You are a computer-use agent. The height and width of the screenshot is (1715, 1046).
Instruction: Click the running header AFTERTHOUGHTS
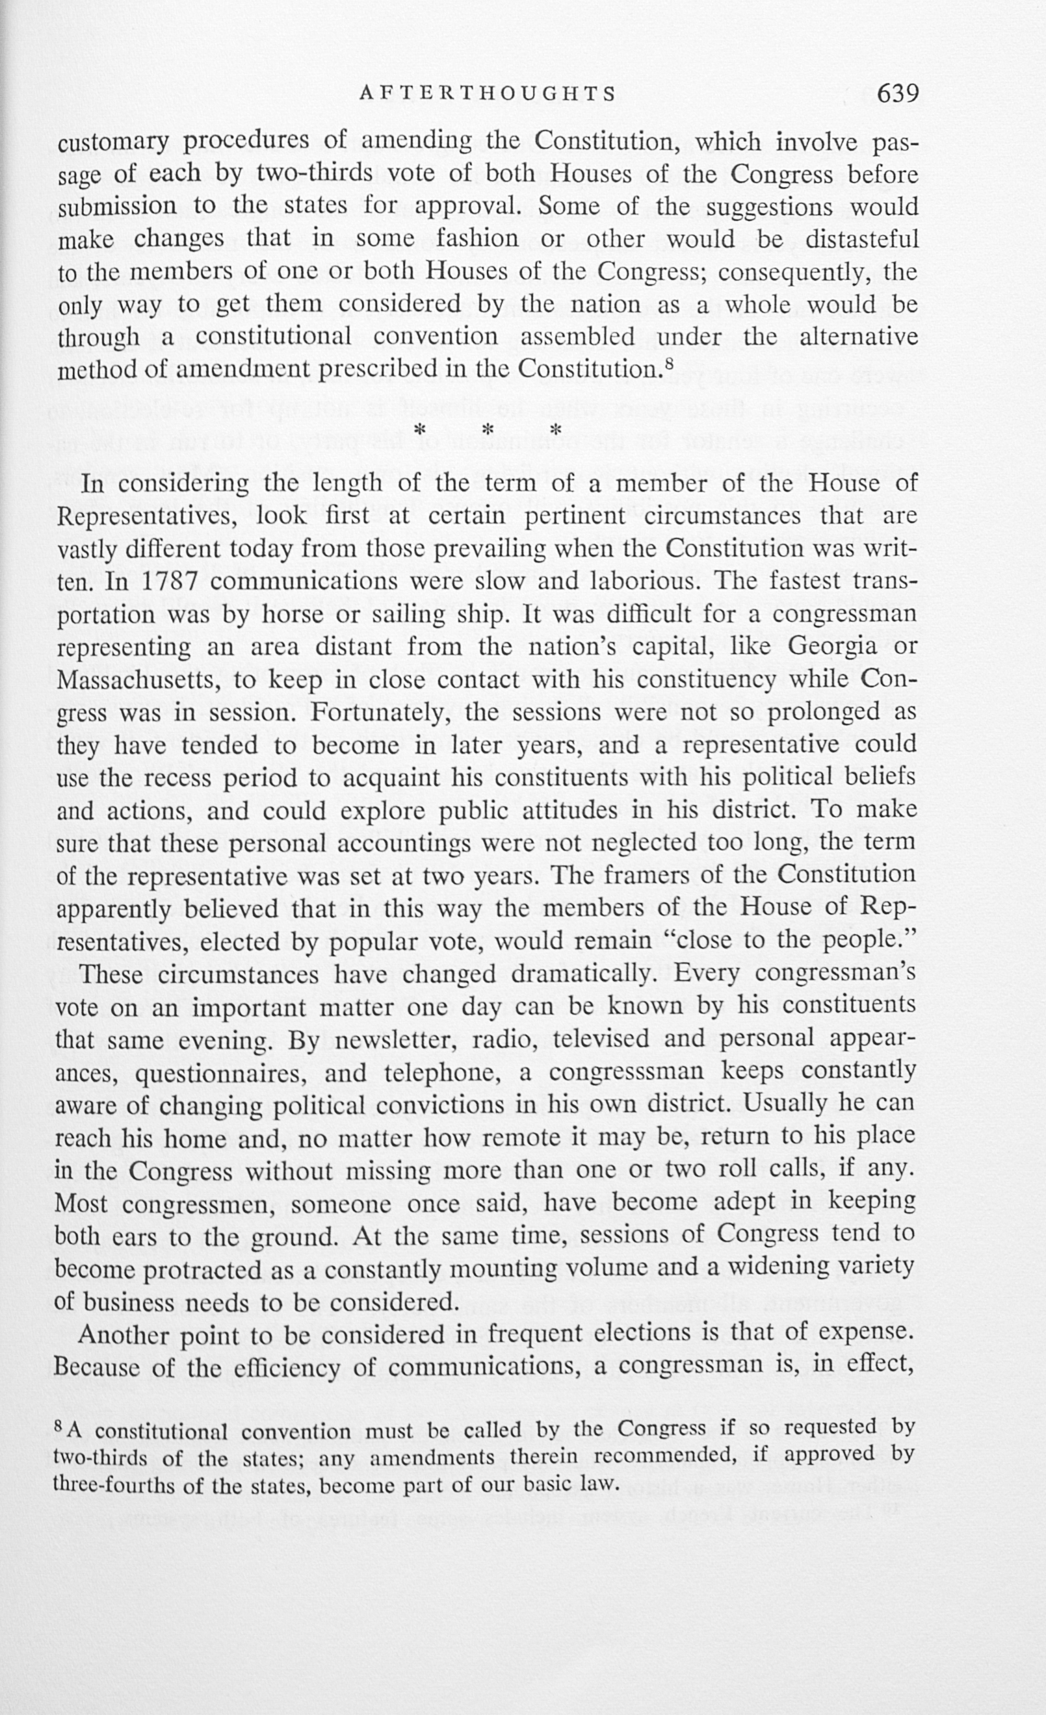pos(488,94)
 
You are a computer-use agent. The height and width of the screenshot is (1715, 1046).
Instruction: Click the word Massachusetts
pos(137,679)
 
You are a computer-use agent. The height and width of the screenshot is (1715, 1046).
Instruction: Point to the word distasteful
pos(861,239)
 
